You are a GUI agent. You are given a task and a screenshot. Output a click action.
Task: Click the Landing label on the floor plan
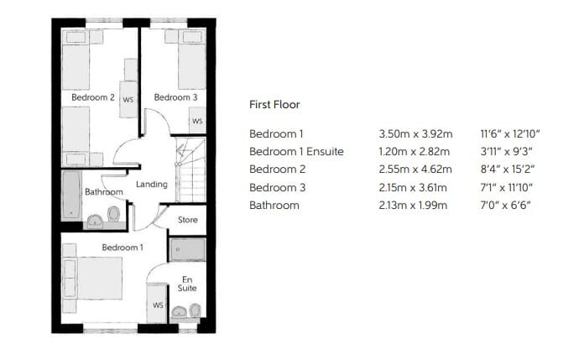(x=152, y=184)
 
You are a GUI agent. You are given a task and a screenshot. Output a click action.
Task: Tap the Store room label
(x=188, y=220)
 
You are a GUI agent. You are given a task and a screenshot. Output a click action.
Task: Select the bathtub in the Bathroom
(x=71, y=195)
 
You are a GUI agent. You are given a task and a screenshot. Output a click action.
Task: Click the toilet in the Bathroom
(x=113, y=214)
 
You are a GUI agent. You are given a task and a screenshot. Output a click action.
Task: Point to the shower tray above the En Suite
(x=187, y=249)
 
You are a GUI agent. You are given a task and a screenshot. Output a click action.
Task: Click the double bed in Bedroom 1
(x=93, y=278)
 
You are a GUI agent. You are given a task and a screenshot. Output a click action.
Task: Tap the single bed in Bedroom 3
(x=192, y=60)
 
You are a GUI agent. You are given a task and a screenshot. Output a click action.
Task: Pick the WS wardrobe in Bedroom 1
(x=157, y=304)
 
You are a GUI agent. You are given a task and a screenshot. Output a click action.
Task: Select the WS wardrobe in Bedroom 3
(x=197, y=120)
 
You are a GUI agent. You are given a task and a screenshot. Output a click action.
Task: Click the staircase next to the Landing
(x=190, y=170)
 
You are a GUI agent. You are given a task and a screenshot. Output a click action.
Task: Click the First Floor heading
(x=274, y=105)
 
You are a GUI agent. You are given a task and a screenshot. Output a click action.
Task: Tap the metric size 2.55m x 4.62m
(x=415, y=170)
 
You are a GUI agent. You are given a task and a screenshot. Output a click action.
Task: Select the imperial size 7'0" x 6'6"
(x=505, y=206)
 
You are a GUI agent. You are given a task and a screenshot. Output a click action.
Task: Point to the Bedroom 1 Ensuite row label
(x=296, y=151)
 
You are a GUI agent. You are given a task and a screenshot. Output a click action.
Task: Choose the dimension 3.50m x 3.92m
(x=415, y=133)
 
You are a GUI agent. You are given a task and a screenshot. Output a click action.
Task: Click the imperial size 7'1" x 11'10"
(x=507, y=187)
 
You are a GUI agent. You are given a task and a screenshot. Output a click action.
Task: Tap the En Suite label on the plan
(x=187, y=284)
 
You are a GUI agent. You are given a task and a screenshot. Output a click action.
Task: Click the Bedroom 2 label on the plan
(x=93, y=97)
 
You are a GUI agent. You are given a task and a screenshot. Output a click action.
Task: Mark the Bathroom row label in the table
(x=274, y=206)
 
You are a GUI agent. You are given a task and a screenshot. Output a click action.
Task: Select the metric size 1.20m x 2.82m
(x=415, y=151)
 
